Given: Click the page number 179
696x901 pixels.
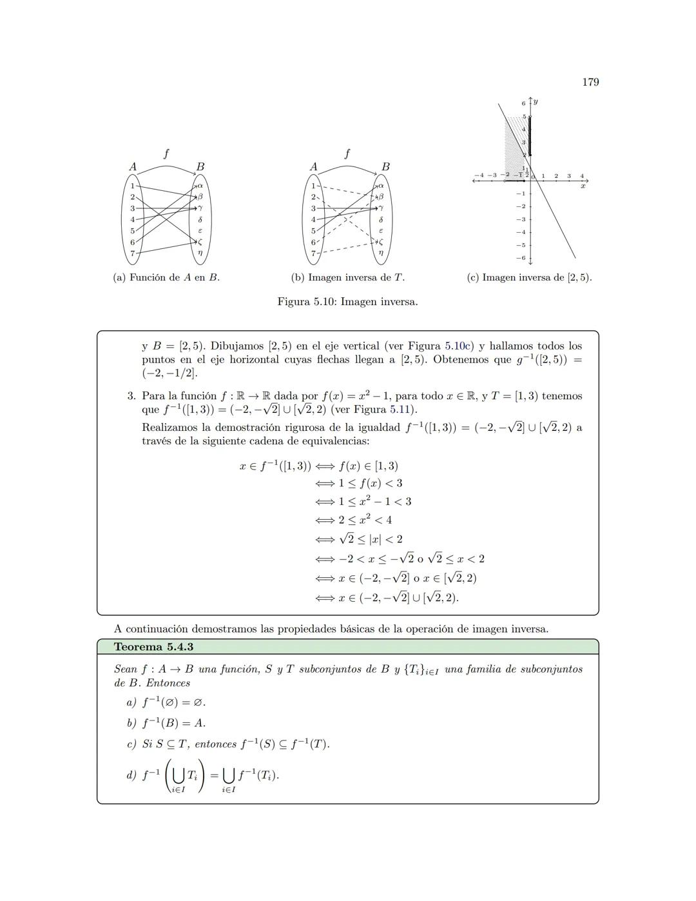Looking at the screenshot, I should [590, 82].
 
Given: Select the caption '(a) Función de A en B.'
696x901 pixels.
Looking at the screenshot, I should [166, 277].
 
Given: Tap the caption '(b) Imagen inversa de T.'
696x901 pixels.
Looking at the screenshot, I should [347, 277].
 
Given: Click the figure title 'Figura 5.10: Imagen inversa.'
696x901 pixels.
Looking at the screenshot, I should [347, 301].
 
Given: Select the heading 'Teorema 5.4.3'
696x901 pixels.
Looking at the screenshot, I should [153, 647].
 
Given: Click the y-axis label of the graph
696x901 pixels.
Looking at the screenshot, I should [536, 102].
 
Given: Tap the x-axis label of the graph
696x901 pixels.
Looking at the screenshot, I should [583, 186].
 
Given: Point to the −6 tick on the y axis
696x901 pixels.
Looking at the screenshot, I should [523, 258].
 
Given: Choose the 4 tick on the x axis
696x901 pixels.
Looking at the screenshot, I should [582, 175].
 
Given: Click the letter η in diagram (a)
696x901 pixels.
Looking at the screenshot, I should [200, 253].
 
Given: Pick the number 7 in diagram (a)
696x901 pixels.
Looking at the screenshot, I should [132, 253].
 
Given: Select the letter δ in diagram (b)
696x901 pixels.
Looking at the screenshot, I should [381, 219].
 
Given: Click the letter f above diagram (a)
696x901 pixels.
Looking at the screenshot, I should [166, 153].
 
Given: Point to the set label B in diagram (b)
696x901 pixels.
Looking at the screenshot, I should [385, 166].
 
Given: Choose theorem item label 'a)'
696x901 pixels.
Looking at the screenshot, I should [131, 702].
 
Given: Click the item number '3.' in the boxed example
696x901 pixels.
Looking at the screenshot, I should [131, 396].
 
